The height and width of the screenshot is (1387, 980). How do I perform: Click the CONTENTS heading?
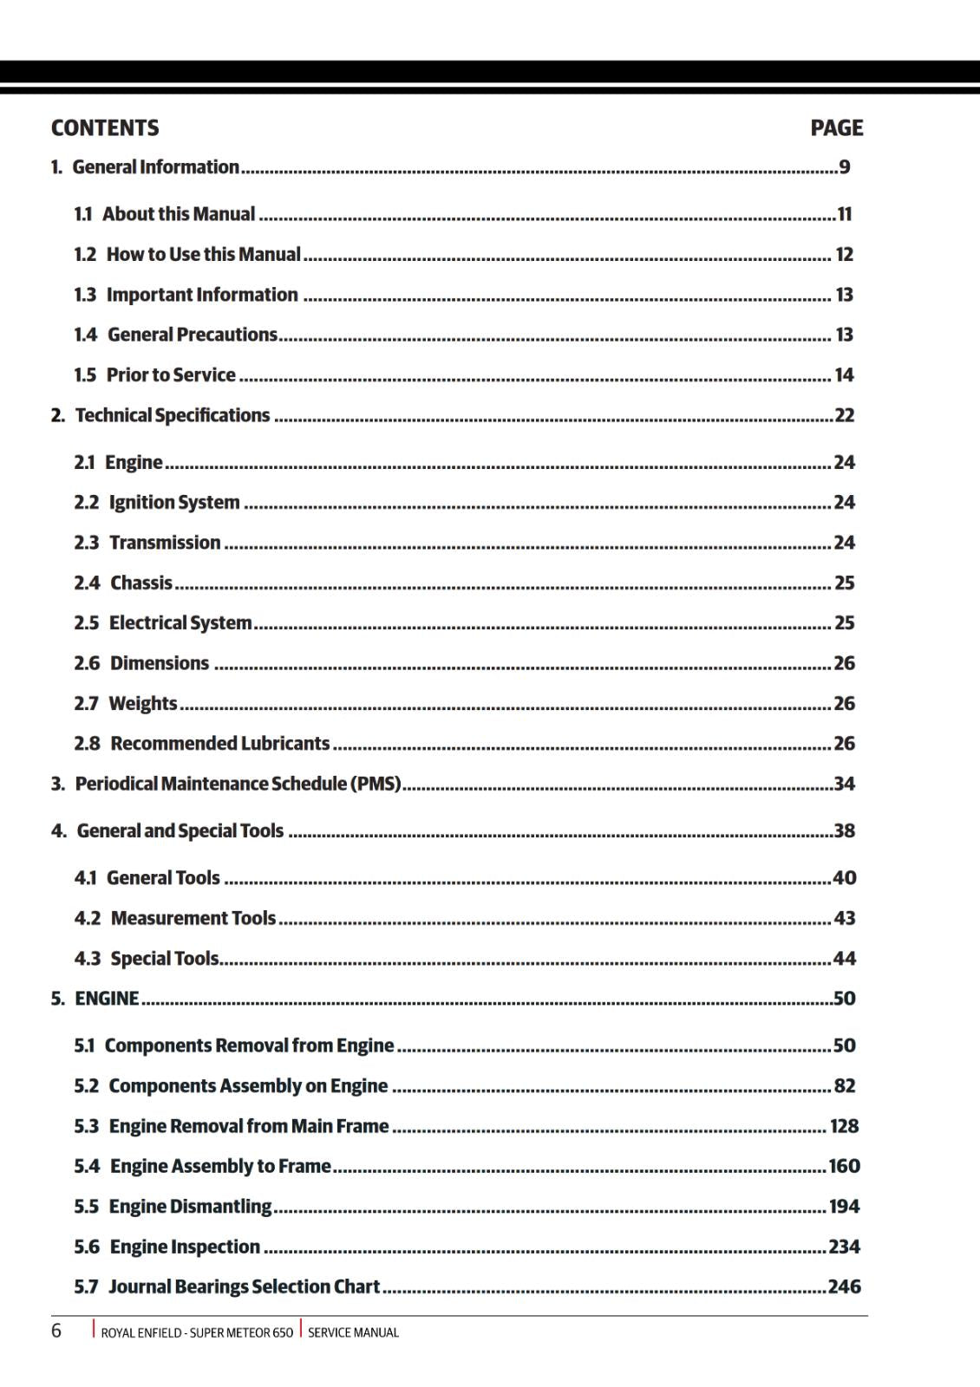pos(105,128)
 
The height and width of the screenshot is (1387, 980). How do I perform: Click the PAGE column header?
pos(836,128)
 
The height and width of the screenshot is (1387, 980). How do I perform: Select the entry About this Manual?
pos(179,214)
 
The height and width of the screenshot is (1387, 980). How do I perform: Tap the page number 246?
pos(844,1286)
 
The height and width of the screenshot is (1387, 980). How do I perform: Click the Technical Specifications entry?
pos(173,415)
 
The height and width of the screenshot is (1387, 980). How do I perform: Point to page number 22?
pos(844,415)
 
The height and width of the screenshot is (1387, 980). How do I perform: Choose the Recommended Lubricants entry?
pos(219,744)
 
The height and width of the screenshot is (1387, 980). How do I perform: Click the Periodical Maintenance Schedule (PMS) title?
pos(238,784)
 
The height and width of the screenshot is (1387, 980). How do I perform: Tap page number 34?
pos(844,784)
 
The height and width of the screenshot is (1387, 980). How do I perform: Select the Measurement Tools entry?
pos(193,918)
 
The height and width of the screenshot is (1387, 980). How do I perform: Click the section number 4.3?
pos(88,959)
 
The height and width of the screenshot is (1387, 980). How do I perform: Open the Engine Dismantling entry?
pos(190,1207)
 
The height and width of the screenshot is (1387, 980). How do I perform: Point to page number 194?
pos(844,1207)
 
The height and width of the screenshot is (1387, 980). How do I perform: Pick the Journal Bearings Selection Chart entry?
pos(244,1286)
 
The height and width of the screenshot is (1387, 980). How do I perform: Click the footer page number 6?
pos(56,1331)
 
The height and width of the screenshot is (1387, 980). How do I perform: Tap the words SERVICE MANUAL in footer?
pos(353,1332)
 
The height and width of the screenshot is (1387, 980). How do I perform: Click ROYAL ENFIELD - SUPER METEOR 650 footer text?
pos(197,1332)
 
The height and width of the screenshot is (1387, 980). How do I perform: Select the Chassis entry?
pos(141,583)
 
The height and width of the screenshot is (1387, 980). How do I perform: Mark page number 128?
pos(844,1126)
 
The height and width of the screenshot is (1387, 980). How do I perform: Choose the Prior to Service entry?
pos(171,375)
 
